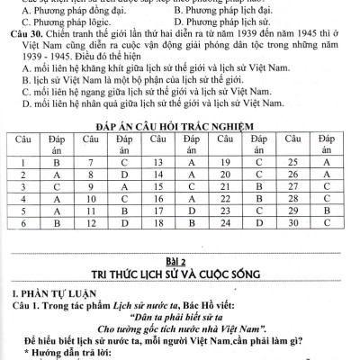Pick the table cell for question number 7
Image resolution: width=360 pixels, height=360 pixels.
point(88,162)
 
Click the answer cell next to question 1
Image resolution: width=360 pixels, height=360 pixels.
point(56,162)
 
